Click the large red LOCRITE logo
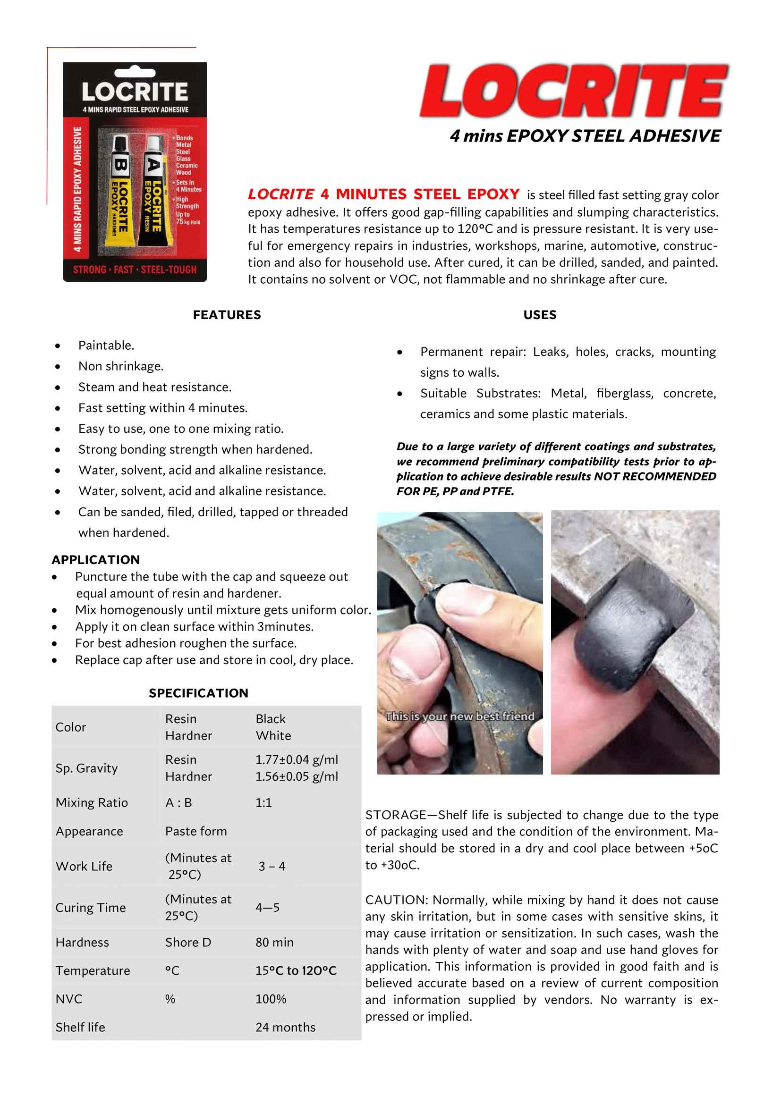point(574,92)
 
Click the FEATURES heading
point(227,315)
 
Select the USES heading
point(540,315)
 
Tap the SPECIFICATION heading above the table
point(198,693)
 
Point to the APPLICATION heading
point(96,560)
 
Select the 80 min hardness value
point(274,942)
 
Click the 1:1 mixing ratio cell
point(263,802)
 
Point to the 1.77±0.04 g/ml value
point(296,760)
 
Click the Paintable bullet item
point(106,345)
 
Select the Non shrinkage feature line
point(121,366)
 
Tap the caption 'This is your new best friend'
point(460,716)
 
